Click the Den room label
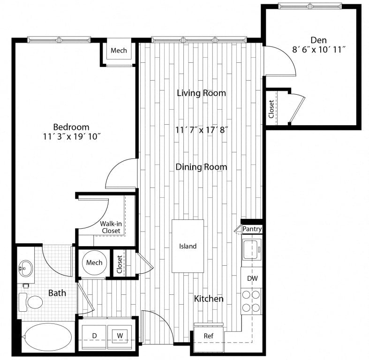pyautogui.click(x=318, y=40)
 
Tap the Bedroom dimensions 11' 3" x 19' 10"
pyautogui.click(x=71, y=136)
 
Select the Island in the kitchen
pyautogui.click(x=188, y=246)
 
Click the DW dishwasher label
pyautogui.click(x=252, y=278)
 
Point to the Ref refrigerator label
pyautogui.click(x=209, y=336)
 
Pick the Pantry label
pyautogui.click(x=252, y=229)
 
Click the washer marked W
pyautogui.click(x=120, y=335)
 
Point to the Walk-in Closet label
pyautogui.click(x=111, y=227)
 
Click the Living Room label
pyautogui.click(x=201, y=93)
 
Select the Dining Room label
pyautogui.click(x=201, y=167)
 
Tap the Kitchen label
pyautogui.click(x=209, y=299)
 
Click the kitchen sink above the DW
pyautogui.click(x=252, y=249)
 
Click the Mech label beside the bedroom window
pyautogui.click(x=119, y=50)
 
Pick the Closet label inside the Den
pyautogui.click(x=271, y=109)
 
